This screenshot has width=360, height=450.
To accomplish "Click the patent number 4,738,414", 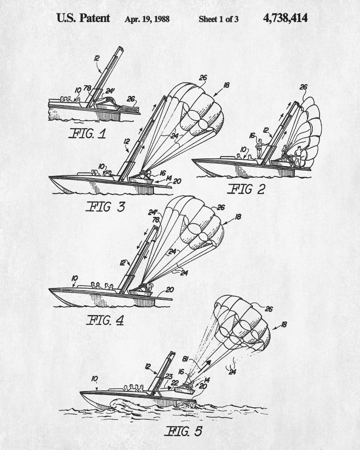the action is click(x=285, y=18).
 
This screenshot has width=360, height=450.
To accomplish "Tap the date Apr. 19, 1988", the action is click(x=147, y=19).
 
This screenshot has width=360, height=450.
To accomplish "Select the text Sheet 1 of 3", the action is click(x=218, y=19).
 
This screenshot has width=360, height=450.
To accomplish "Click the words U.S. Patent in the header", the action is click(x=83, y=18).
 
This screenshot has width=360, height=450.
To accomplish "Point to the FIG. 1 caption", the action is click(x=87, y=134).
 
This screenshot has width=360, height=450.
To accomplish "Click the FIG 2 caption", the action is click(x=246, y=189).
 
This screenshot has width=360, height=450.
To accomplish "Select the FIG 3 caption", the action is click(x=105, y=207).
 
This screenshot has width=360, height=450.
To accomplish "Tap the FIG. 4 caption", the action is click(x=105, y=320).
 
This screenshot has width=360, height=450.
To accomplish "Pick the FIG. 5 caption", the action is click(x=184, y=432).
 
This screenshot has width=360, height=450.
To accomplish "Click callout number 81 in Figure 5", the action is click(x=186, y=359).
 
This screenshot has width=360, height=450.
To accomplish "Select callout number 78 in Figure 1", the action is click(x=87, y=88).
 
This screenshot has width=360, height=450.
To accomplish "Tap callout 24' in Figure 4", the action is click(x=153, y=212).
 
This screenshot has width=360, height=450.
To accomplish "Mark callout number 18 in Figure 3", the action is click(x=226, y=85).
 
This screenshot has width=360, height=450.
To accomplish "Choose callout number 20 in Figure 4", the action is click(x=170, y=290).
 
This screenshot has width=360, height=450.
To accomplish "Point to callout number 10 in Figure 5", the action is click(x=94, y=379).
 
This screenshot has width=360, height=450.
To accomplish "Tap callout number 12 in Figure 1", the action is click(x=96, y=58).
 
